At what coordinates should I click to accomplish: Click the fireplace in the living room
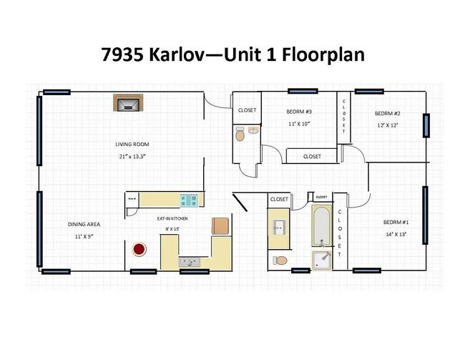[129, 104]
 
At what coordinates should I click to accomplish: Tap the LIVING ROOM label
[132, 144]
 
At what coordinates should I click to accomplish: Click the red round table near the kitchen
[138, 250]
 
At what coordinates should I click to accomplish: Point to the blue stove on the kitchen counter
[189, 200]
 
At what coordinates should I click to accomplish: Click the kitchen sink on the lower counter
[190, 262]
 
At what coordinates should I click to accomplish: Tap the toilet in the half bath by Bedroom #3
[241, 133]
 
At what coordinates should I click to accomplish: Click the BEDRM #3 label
[298, 112]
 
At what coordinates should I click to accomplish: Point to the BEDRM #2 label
[386, 114]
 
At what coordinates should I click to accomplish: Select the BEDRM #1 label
[396, 222]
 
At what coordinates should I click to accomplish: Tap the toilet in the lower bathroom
[280, 260]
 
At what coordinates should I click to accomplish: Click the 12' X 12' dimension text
[386, 125]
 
